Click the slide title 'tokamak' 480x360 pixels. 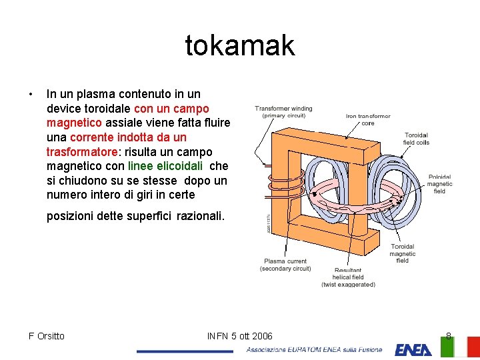point(239,45)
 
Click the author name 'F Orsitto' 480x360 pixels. point(47,336)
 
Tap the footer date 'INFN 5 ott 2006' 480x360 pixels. point(240,336)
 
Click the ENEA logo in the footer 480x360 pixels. point(413,349)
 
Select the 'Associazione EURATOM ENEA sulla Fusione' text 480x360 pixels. point(315,349)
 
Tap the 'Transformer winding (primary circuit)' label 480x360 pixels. point(283,112)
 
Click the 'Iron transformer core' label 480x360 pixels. point(368,119)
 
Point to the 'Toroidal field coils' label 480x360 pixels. point(416,139)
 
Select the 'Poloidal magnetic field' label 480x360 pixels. point(439,184)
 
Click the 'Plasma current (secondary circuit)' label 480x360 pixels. point(285,265)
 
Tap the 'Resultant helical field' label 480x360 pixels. point(348,277)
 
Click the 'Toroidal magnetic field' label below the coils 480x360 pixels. point(402,253)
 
